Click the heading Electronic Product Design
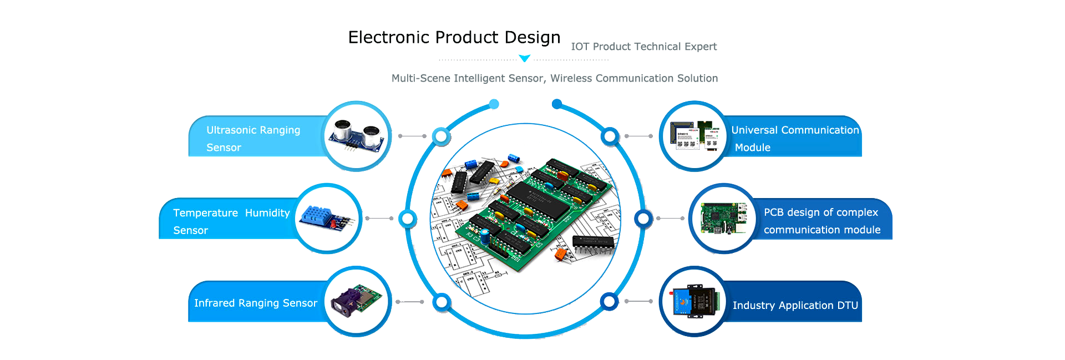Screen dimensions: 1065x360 pos(454,37)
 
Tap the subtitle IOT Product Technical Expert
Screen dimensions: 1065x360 pos(643,47)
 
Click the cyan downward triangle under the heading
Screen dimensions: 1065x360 pos(524,58)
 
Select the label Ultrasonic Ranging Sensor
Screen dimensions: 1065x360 pos(253,138)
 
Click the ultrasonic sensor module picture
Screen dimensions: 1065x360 pos(357,136)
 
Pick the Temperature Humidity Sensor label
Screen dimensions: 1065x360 pos(231,221)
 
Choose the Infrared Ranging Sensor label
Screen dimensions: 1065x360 pos(255,303)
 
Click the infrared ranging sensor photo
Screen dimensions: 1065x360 pos(357,301)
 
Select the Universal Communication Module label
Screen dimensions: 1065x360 pos(794,138)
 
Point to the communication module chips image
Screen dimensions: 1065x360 pos(694,136)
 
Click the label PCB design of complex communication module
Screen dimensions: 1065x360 pos(821,221)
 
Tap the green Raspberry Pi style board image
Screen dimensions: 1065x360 pos(723,218)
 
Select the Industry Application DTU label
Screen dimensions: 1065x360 pos(795,305)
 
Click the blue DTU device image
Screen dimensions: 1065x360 pos(694,301)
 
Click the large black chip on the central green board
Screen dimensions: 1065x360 pos(537,200)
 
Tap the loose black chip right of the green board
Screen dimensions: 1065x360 pos(593,242)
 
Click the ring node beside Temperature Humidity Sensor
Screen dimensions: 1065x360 pos(408,219)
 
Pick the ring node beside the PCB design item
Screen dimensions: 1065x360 pos(643,219)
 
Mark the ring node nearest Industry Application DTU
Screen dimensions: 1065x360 pos(609,302)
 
